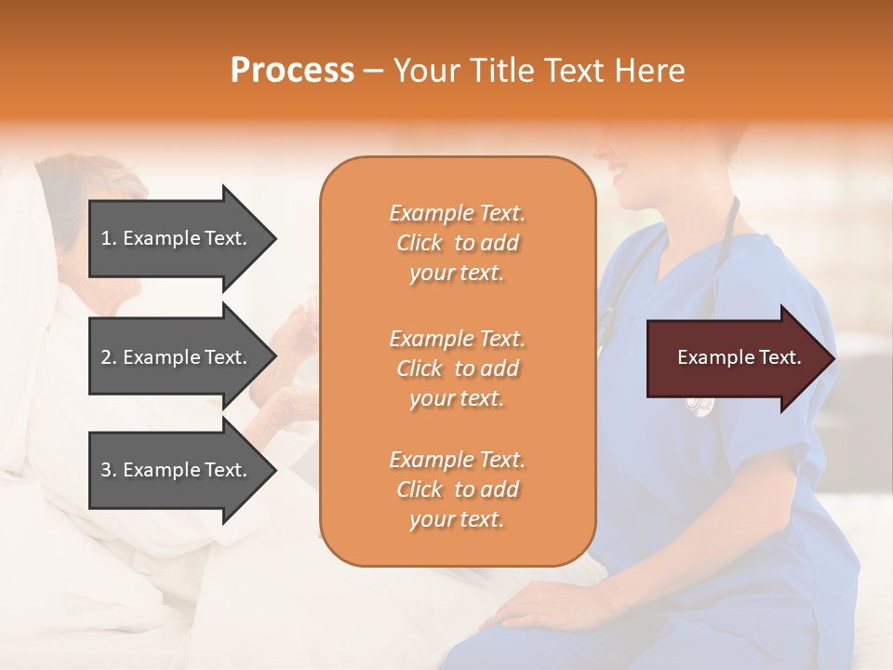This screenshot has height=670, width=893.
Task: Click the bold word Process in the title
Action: click(292, 71)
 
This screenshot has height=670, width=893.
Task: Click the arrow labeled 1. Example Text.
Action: click(177, 238)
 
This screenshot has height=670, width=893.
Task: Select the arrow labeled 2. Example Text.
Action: click(177, 357)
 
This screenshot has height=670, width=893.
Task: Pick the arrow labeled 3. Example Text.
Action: click(177, 470)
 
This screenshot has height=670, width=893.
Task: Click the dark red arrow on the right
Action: click(735, 358)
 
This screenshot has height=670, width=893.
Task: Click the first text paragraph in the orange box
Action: click(457, 243)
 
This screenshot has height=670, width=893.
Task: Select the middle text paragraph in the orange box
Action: click(457, 368)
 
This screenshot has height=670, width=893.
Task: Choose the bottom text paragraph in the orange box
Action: click(457, 489)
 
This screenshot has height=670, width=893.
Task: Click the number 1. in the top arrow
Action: click(109, 239)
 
